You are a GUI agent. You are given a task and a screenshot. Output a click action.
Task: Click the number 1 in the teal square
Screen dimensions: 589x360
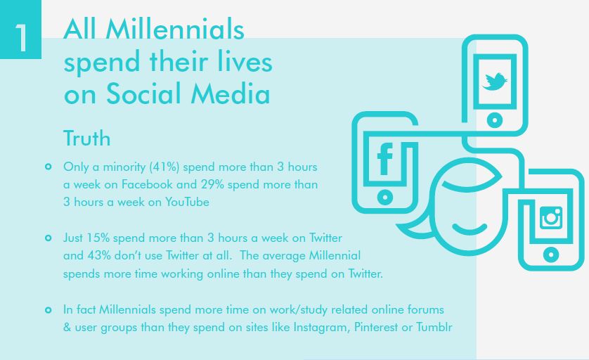point(21,37)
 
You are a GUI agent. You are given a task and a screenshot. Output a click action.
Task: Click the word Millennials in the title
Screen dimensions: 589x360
point(175,29)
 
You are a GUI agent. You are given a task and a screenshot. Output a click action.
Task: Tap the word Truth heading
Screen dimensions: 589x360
point(86,138)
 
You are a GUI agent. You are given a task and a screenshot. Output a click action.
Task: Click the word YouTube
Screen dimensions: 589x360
point(187,202)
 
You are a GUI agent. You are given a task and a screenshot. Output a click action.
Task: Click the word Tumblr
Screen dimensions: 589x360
point(434,327)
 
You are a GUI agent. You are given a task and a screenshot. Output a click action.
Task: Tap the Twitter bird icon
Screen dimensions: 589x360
point(494,81)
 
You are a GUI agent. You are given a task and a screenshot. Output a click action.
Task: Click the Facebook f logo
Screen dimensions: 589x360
point(384,160)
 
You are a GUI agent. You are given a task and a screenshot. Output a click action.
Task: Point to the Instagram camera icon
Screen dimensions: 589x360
point(550,217)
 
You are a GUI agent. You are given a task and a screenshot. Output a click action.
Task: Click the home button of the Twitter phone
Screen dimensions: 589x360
point(495,120)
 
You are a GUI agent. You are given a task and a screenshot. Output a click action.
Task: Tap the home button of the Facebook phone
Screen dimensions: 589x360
point(384,197)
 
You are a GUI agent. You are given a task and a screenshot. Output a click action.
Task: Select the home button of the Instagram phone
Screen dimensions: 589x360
point(550,255)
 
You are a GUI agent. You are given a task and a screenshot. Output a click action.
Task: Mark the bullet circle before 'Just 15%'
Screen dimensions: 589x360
point(48,238)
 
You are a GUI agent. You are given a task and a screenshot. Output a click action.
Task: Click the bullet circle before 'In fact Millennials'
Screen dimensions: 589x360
point(48,310)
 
